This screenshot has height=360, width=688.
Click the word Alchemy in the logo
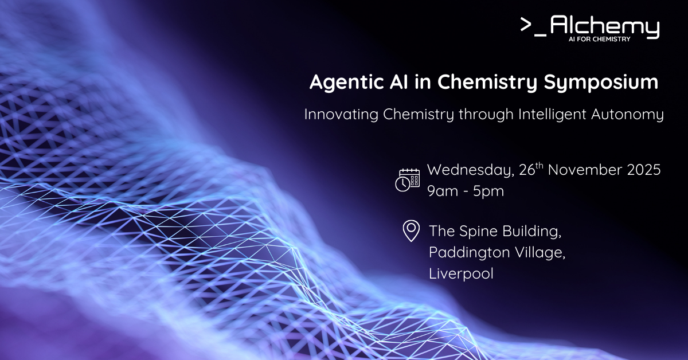[x=604, y=26]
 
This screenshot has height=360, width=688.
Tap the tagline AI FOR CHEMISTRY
[x=599, y=39]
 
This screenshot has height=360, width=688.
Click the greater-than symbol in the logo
[x=526, y=24]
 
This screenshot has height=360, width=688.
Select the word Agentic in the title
[x=347, y=83]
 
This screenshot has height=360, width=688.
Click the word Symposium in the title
[x=601, y=83]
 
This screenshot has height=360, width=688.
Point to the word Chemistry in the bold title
[x=487, y=83]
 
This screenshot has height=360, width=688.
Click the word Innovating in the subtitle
[x=341, y=114]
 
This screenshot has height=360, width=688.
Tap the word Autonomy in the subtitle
[x=627, y=115]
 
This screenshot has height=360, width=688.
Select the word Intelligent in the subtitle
[x=552, y=115]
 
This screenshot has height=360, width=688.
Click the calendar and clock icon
[x=408, y=181]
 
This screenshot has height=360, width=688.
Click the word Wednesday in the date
[x=471, y=170]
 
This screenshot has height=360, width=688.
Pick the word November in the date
[x=585, y=170]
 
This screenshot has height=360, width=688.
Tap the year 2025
[x=644, y=170]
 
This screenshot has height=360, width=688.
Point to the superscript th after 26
[x=540, y=166]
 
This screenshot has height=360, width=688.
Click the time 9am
[x=442, y=191]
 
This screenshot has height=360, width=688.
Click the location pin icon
[x=411, y=230]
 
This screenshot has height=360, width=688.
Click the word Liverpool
[x=461, y=273]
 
